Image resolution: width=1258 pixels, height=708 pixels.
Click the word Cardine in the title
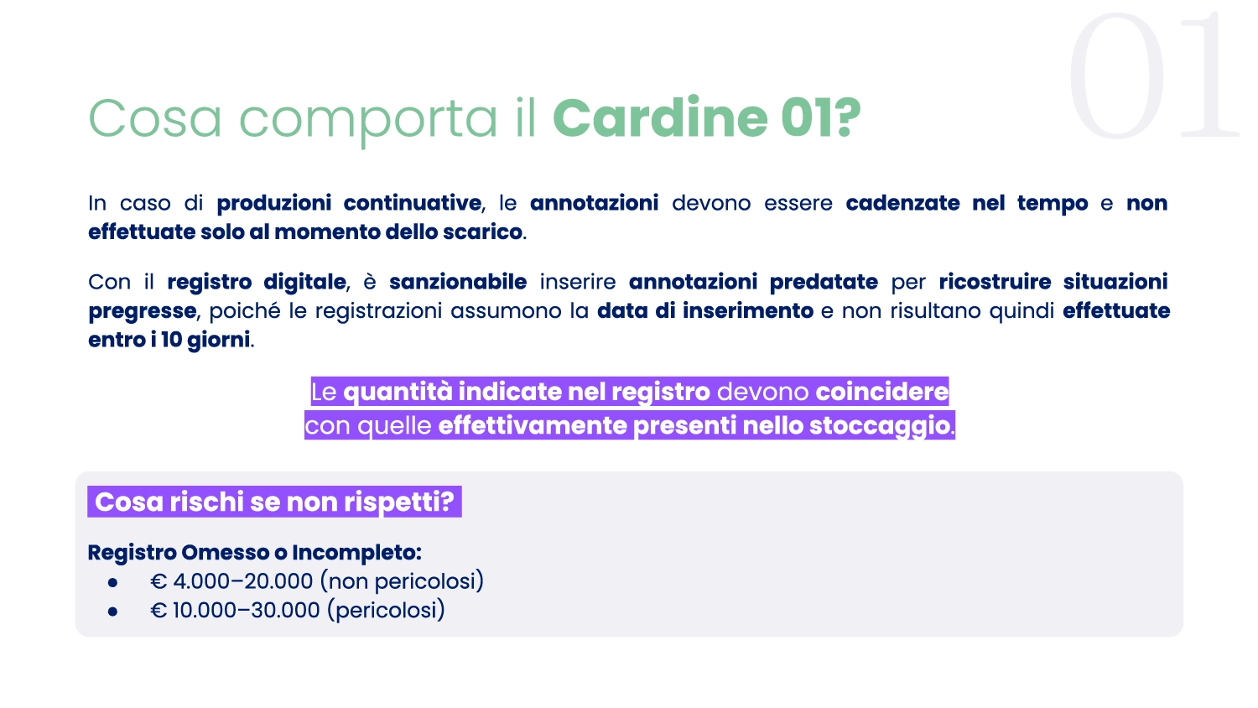pos(661,118)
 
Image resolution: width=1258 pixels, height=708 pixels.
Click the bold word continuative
pos(413,203)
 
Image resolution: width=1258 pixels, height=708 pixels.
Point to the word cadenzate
pos(902,203)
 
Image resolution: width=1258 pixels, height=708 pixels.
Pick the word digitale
pos(304,282)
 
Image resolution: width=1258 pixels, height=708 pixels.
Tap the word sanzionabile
pos(458,282)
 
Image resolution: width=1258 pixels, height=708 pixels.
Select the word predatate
pos(824,282)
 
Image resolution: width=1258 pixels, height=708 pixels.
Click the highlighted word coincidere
pos(881,392)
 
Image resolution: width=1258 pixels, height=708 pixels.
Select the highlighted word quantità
pos(398,393)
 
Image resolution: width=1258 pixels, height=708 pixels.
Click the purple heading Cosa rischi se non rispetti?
pos(274,502)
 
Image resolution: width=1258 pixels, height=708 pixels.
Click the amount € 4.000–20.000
pos(231,581)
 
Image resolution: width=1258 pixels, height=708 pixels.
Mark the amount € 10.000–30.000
pos(235,610)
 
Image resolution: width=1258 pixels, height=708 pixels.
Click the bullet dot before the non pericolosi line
pos(113,583)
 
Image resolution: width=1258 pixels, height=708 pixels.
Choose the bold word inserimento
pos(747,311)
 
